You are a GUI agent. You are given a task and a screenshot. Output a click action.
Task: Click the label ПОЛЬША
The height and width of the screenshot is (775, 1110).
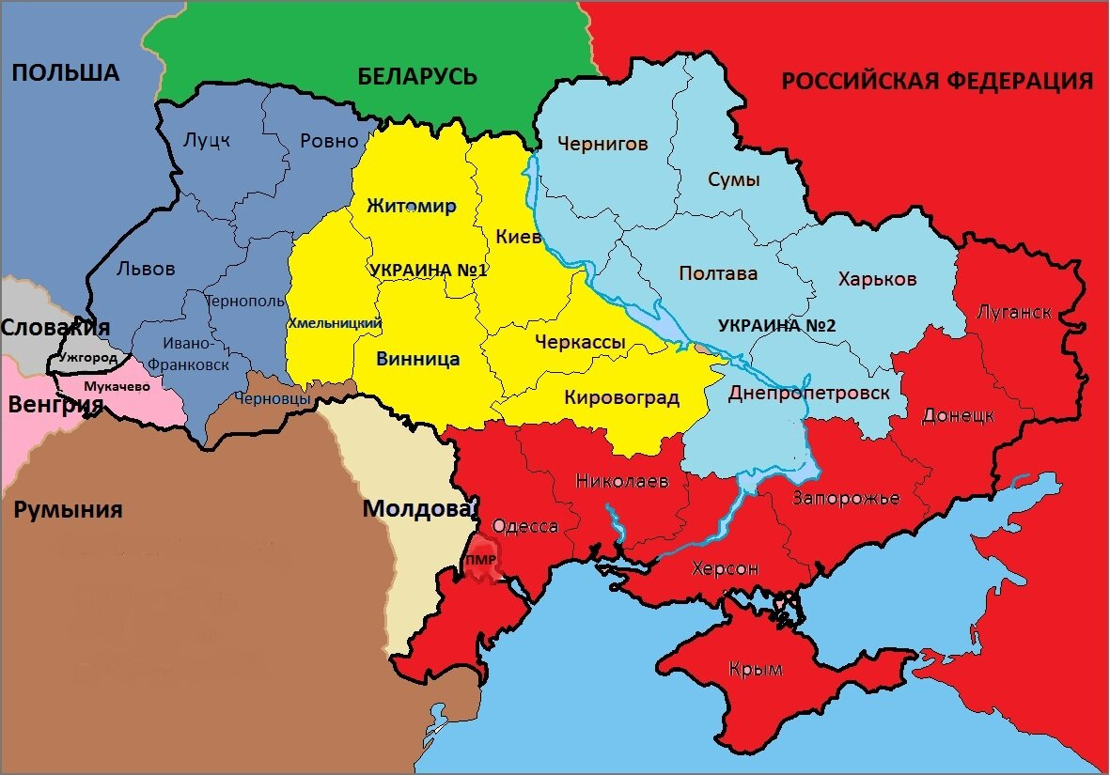pos(67,72)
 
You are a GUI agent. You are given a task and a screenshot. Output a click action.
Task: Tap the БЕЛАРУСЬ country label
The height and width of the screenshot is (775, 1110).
pos(417,76)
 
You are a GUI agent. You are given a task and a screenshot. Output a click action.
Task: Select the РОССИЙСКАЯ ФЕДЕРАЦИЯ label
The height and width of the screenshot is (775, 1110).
pos(937,81)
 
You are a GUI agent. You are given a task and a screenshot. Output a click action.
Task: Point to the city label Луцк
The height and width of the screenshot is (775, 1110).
pos(207,140)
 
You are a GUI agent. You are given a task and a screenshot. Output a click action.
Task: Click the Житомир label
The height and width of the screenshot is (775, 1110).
pos(411,207)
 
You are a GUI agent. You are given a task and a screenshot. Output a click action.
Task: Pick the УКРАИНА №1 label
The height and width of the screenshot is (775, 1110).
pos(429,270)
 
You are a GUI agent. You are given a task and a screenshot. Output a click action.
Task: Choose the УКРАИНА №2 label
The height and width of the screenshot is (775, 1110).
pos(776,325)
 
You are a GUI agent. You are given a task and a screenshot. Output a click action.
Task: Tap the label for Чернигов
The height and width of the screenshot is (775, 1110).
pos(602,144)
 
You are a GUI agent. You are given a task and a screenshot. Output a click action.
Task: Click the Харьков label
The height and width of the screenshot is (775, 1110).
pos(876,279)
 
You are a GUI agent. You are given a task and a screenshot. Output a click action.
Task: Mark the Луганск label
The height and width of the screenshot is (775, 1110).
pos(1014,312)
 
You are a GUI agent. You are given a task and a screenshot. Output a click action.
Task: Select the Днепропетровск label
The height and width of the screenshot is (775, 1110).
pos(808,393)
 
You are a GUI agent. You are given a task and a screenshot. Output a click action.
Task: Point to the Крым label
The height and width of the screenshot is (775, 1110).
pos(757,669)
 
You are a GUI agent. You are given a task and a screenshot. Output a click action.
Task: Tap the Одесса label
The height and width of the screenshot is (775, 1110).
pos(525,526)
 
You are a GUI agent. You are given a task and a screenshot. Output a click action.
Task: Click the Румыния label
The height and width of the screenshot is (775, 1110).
pos(68,510)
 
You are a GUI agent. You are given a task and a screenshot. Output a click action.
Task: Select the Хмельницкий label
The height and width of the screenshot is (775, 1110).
pos(335,323)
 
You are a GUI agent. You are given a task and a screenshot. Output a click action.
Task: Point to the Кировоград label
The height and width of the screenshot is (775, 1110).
pos(621,397)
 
